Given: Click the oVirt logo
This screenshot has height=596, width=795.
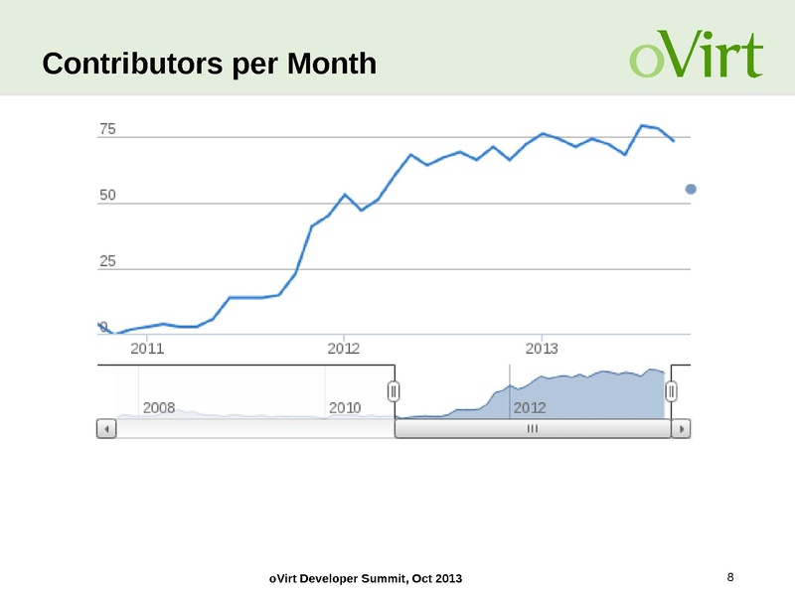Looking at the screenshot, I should click(696, 57).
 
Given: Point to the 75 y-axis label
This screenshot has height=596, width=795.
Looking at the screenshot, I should click(107, 129).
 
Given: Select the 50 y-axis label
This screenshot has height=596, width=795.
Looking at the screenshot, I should click(107, 195).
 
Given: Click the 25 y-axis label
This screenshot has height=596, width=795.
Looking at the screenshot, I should click(107, 261).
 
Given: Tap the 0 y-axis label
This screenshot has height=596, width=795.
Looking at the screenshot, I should click(103, 327).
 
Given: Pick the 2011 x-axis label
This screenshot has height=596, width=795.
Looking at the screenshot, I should click(147, 349).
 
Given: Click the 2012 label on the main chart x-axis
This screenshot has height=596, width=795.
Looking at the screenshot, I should click(344, 349).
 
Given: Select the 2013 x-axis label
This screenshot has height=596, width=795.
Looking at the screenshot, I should click(542, 349).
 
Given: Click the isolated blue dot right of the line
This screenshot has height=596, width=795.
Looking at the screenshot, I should click(692, 189).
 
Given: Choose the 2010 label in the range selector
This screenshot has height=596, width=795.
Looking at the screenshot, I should click(345, 407).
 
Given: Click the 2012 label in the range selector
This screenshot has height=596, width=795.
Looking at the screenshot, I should click(530, 407).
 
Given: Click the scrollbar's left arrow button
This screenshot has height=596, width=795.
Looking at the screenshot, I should click(106, 429).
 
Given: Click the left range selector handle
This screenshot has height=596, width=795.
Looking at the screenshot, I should click(394, 391).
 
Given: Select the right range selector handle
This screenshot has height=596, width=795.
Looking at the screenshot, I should click(671, 391).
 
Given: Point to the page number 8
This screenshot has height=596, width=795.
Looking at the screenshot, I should click(731, 577).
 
